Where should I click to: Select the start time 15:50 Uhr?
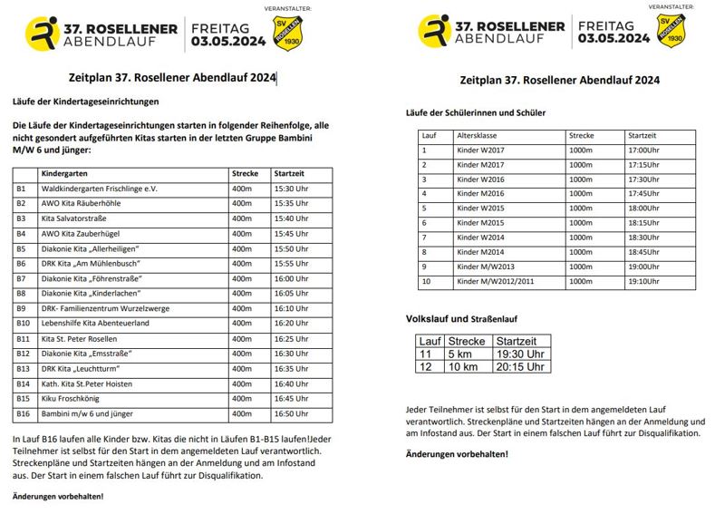coord(291,248)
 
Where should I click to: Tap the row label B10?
coord(24,323)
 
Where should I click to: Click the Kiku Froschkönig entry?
coord(75,398)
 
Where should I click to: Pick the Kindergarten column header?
coord(66,173)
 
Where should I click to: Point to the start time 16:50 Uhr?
coord(291,413)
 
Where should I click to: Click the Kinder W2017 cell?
coord(479,150)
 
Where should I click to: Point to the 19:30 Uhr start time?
coord(520,354)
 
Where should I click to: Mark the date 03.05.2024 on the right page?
coord(614,39)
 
